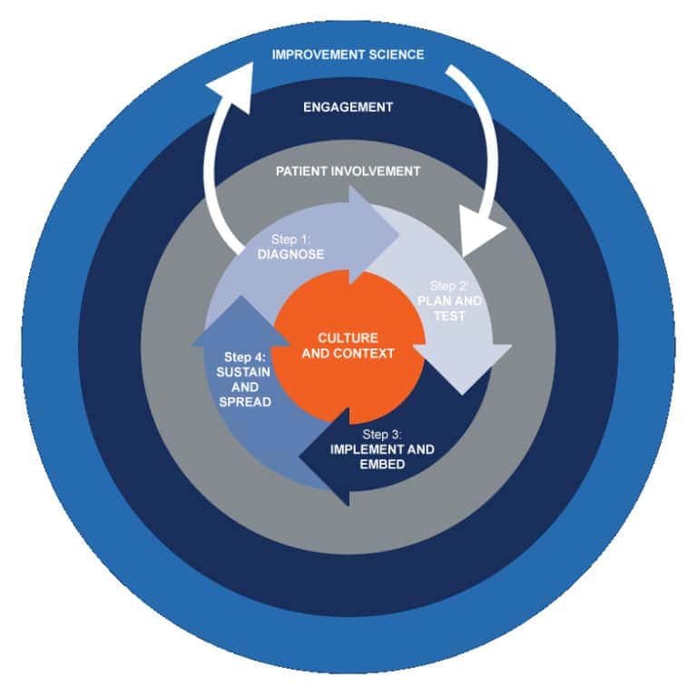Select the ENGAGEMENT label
click(348, 107)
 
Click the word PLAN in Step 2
click(435, 301)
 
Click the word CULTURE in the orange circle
click(348, 338)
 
